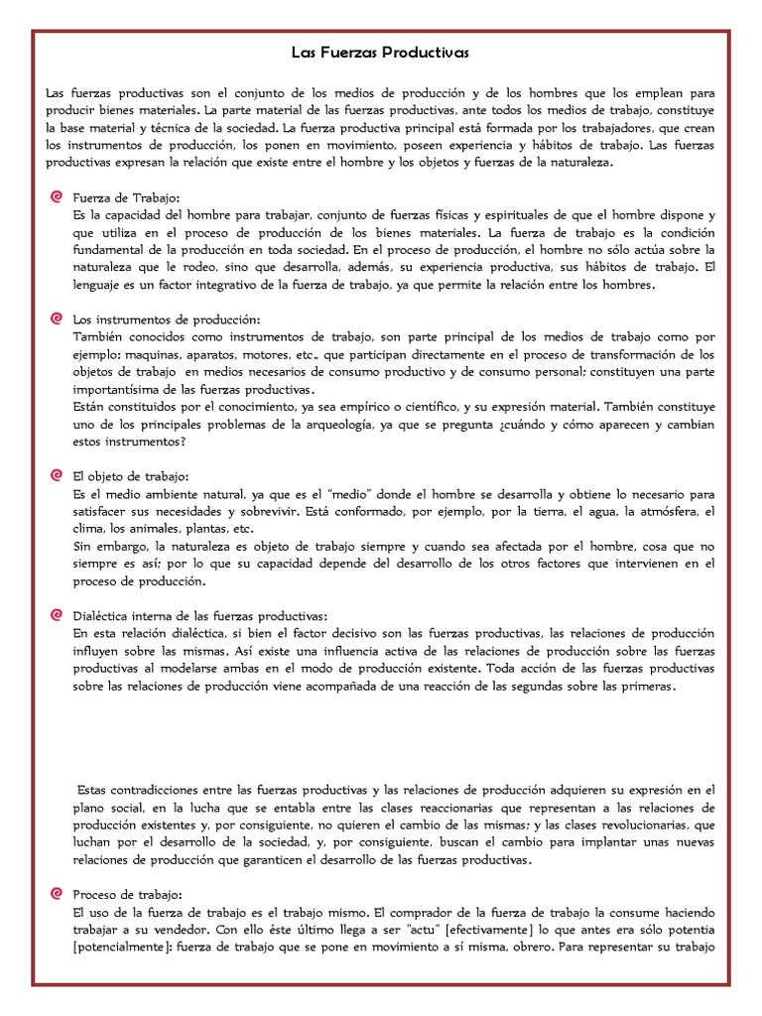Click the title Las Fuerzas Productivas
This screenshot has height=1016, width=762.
click(380, 51)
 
